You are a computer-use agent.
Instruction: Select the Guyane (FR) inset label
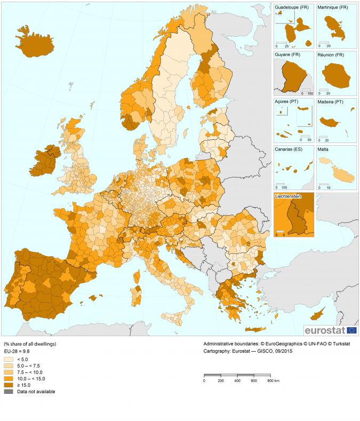coord(287,54)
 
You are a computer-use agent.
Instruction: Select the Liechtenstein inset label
coord(289,196)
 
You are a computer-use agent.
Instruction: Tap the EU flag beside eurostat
coord(352,330)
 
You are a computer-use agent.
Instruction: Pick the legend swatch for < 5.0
coord(9,359)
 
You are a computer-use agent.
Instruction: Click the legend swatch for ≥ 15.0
coord(9,385)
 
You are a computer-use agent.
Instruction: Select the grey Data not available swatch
coord(9,391)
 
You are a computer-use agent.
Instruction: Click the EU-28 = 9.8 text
coord(18,352)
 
